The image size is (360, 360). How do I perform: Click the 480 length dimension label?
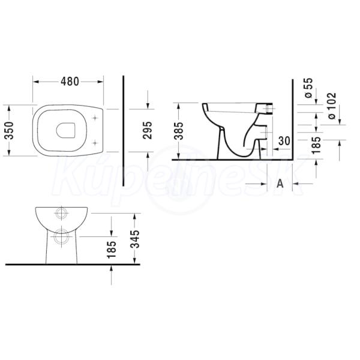[70, 81]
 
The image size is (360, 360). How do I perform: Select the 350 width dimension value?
[10, 131]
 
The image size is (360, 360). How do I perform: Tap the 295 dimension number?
[147, 130]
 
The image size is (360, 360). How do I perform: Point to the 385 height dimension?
[179, 131]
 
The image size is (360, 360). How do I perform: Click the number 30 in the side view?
[284, 141]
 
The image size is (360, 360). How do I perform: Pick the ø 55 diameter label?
[309, 88]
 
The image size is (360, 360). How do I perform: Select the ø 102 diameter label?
[332, 106]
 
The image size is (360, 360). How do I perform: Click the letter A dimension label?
[280, 184]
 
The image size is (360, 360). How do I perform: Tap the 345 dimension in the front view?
[135, 239]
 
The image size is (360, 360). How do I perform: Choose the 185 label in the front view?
[112, 250]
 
